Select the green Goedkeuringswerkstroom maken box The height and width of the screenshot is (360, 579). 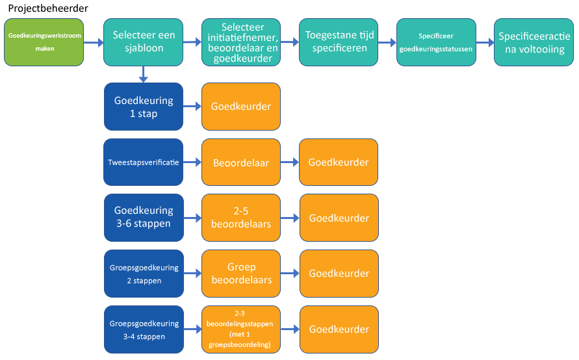tap(44, 42)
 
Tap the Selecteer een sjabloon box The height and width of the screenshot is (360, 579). tap(143, 42)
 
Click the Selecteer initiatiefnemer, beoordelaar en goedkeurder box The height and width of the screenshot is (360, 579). tap(241, 42)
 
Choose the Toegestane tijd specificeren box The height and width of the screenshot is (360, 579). tap(339, 42)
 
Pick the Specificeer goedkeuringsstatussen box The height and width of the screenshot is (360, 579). tap(436, 42)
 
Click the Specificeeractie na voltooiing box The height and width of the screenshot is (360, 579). tap(534, 42)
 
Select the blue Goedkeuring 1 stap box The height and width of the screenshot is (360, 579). tap(143, 107)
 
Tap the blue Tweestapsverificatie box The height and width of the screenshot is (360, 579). tap(143, 162)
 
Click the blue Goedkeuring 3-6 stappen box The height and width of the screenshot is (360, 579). tap(143, 218)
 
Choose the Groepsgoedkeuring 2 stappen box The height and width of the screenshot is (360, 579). tap(143, 274)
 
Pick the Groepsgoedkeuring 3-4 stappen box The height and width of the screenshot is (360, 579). tap(143, 329)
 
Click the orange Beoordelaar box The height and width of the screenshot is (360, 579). tap(241, 162)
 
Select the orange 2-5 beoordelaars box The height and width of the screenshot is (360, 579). tap(241, 218)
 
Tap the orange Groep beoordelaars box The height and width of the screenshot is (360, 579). tap(241, 274)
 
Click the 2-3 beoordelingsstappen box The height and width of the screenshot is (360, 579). tap(241, 329)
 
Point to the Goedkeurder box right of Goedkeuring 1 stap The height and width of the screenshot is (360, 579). tap(241, 107)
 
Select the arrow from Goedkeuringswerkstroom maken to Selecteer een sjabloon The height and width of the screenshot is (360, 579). tap(94, 43)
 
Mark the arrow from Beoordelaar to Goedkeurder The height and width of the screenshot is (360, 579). tap(290, 162)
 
